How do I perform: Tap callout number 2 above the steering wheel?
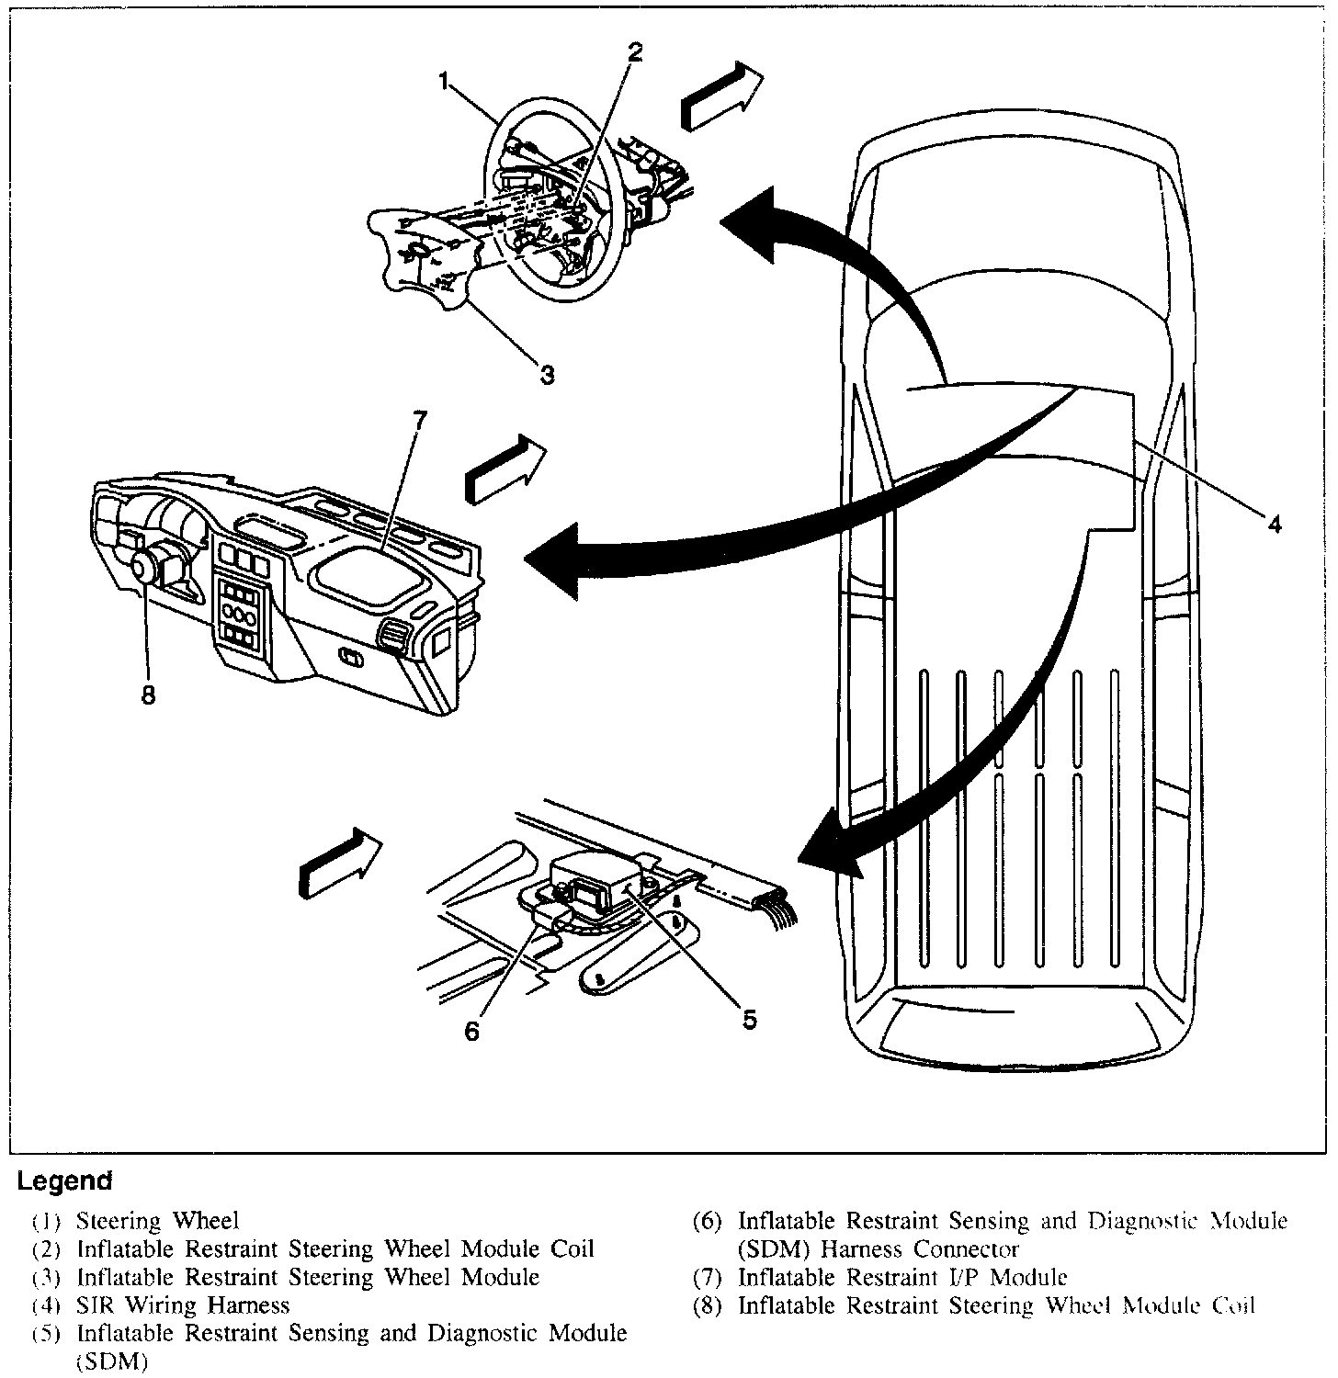[634, 53]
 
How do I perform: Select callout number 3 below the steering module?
[547, 375]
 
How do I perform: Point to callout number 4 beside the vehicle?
[1274, 524]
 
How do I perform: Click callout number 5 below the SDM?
[749, 1019]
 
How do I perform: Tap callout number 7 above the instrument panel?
[419, 419]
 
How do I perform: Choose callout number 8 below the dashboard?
[148, 695]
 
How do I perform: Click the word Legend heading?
[64, 1180]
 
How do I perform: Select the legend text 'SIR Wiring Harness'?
[183, 1305]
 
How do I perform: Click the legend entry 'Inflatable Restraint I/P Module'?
[902, 1277]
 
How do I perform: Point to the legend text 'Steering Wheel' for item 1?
[157, 1221]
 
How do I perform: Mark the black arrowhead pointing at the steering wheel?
[749, 223]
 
